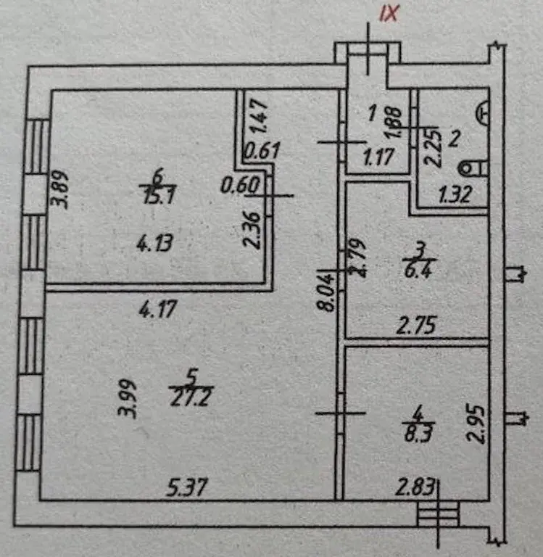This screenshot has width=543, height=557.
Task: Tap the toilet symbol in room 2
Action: [x=474, y=167]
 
